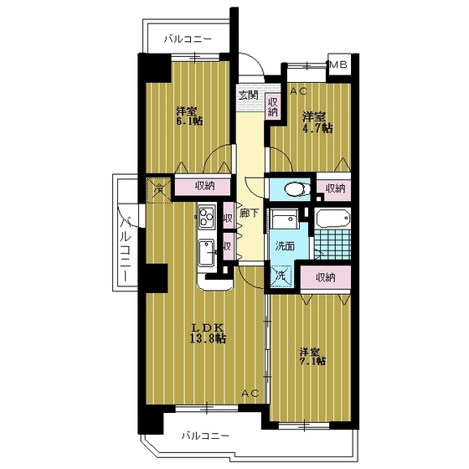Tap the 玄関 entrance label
(248, 94)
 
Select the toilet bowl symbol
(291, 188)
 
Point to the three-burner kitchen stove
(206, 220)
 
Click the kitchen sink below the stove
(207, 251)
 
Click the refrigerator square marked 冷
(157, 188)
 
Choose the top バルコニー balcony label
(188, 39)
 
